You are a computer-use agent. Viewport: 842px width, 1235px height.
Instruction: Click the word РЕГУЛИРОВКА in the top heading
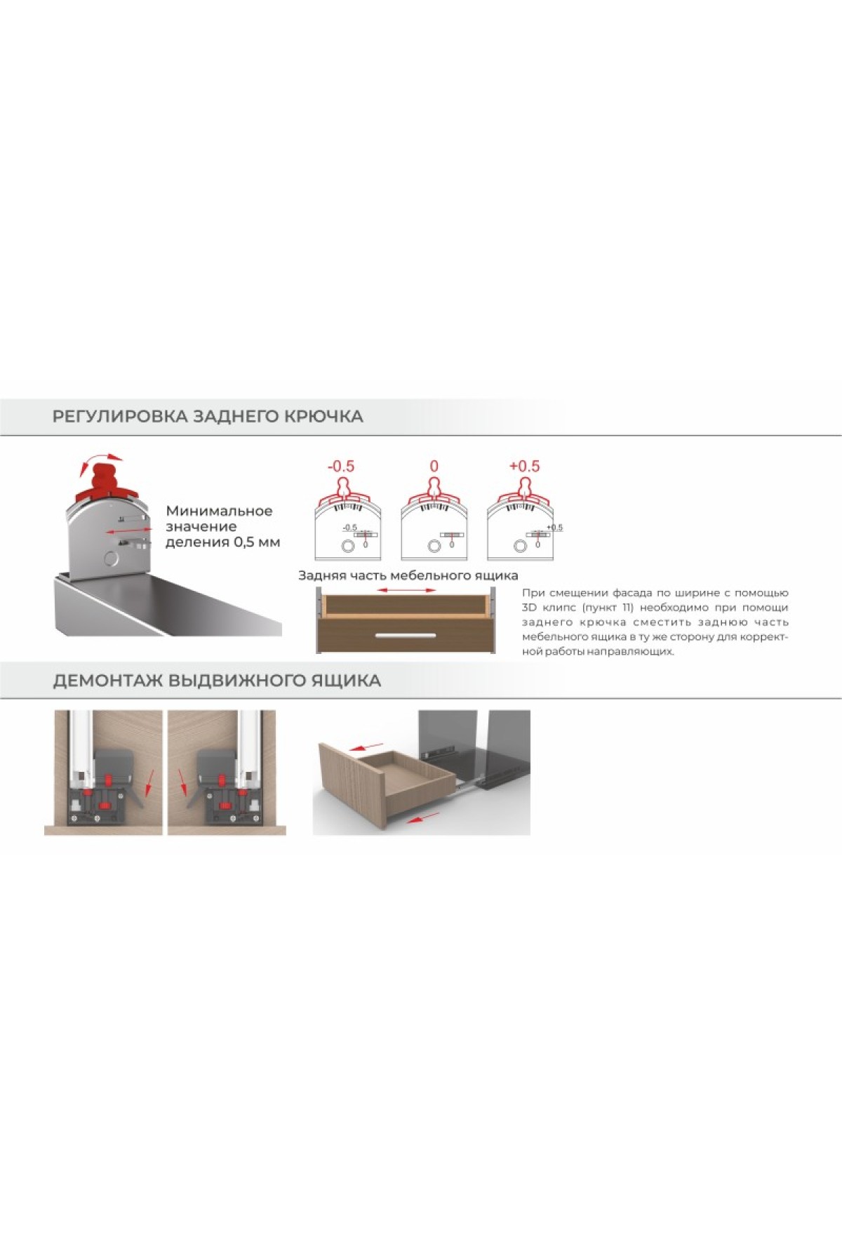click(119, 416)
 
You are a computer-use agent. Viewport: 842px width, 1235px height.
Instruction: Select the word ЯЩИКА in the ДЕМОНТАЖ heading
click(346, 681)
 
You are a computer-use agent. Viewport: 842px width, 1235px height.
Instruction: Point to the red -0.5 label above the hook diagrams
click(342, 467)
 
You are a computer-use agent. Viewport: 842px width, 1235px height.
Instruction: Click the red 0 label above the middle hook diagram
click(434, 467)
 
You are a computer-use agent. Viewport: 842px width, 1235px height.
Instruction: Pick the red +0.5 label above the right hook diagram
click(525, 467)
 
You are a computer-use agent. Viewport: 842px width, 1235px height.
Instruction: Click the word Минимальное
click(219, 511)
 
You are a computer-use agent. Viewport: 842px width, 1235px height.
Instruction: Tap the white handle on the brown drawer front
click(406, 636)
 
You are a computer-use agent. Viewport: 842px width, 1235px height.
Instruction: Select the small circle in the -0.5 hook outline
click(347, 546)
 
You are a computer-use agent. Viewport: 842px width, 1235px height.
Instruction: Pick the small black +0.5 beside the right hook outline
click(555, 528)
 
